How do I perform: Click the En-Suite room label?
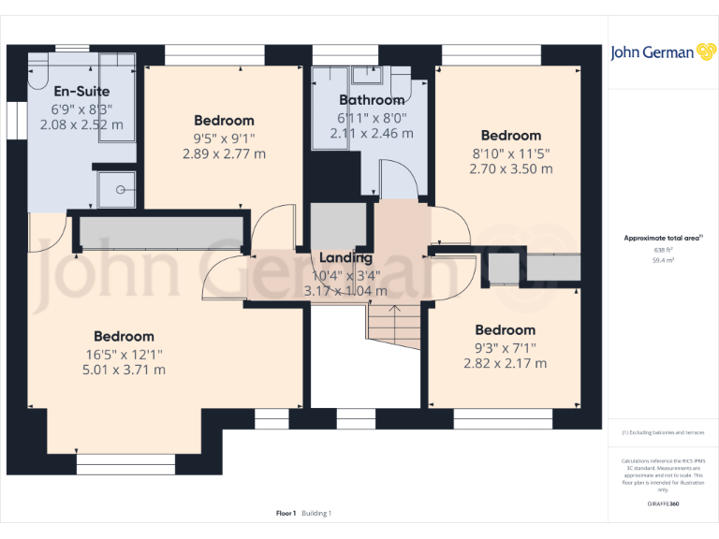[81, 92]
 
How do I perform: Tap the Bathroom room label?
[372, 100]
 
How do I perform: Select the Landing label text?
[345, 257]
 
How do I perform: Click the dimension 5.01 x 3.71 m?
[124, 370]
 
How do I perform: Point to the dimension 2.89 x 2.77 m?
[224, 153]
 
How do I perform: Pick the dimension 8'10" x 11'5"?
[510, 153]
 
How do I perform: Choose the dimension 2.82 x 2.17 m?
[505, 363]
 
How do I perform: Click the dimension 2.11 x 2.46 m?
[372, 134]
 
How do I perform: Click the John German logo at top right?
[664, 52]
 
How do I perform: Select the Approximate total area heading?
[661, 239]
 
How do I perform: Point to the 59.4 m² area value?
[663, 262]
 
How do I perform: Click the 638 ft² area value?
[663, 251]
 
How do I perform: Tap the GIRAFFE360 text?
[663, 503]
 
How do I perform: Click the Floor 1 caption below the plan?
[286, 513]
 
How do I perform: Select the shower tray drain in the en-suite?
[119, 189]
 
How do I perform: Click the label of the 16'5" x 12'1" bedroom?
[124, 337]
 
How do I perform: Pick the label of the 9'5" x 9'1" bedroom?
[224, 121]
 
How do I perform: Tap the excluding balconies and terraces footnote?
[663, 432]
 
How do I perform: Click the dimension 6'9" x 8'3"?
[81, 109]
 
